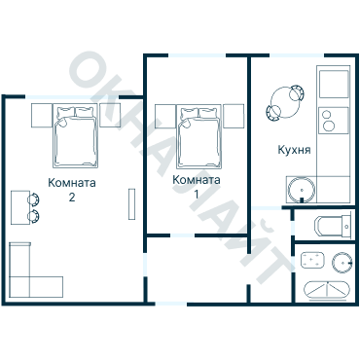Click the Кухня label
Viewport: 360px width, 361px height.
pyautogui.click(x=294, y=150)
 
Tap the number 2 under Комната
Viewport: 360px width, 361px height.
pyautogui.click(x=72, y=197)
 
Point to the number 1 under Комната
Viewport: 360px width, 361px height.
pyautogui.click(x=196, y=194)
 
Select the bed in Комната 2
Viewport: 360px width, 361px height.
pyautogui.click(x=75, y=135)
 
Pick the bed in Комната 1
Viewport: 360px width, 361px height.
pyautogui.click(x=198, y=136)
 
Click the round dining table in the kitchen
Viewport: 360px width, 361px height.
pyautogui.click(x=285, y=102)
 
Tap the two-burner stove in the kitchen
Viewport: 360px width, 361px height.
pyautogui.click(x=334, y=121)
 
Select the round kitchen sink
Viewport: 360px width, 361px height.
pyautogui.click(x=302, y=191)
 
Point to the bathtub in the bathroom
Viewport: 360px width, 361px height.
pyautogui.click(x=327, y=290)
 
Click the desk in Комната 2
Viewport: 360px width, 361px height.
pyautogui.click(x=20, y=207)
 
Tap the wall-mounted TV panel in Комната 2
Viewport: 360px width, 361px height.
pyautogui.click(x=131, y=204)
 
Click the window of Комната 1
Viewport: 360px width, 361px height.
pyautogui.click(x=197, y=55)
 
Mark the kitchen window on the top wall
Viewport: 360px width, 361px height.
pyautogui.click(x=298, y=55)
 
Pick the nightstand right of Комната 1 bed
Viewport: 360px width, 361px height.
pyautogui.click(x=234, y=116)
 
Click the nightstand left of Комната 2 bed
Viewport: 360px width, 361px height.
pyautogui.click(x=42, y=115)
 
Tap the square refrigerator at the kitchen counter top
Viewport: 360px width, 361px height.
pyautogui.click(x=334, y=84)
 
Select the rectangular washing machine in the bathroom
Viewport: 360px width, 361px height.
pyautogui.click(x=312, y=260)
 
